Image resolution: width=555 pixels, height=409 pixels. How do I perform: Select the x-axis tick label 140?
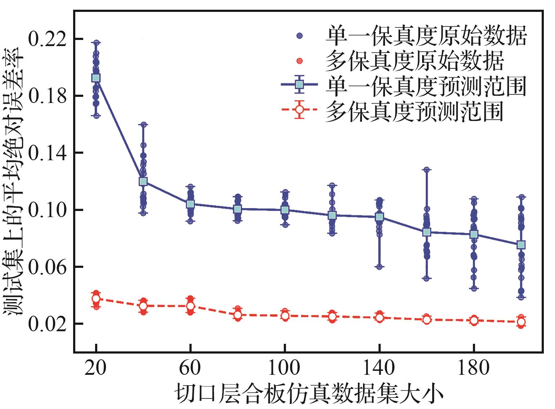(x=379, y=368)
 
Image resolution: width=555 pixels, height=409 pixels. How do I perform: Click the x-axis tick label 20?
(x=96, y=368)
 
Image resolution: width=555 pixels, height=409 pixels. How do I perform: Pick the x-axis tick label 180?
(x=474, y=368)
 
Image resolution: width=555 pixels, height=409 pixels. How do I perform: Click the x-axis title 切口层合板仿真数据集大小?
(x=309, y=394)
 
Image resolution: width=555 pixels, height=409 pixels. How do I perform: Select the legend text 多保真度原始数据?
(x=414, y=61)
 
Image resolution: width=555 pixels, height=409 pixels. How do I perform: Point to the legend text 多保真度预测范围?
(x=414, y=111)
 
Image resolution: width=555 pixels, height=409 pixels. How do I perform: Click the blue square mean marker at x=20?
(x=96, y=78)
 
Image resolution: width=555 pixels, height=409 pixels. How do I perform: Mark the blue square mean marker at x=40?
(x=143, y=181)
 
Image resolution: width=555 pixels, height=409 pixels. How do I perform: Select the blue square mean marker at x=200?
(x=521, y=245)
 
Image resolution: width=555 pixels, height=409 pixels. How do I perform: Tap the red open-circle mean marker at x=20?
(x=96, y=298)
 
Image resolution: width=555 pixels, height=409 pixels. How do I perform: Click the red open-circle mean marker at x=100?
(x=285, y=316)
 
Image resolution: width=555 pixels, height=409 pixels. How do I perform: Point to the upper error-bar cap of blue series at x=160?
(x=426, y=169)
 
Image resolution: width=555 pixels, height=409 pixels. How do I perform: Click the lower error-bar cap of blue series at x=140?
(x=379, y=267)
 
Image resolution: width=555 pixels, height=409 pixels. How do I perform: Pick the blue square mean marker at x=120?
(x=332, y=215)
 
